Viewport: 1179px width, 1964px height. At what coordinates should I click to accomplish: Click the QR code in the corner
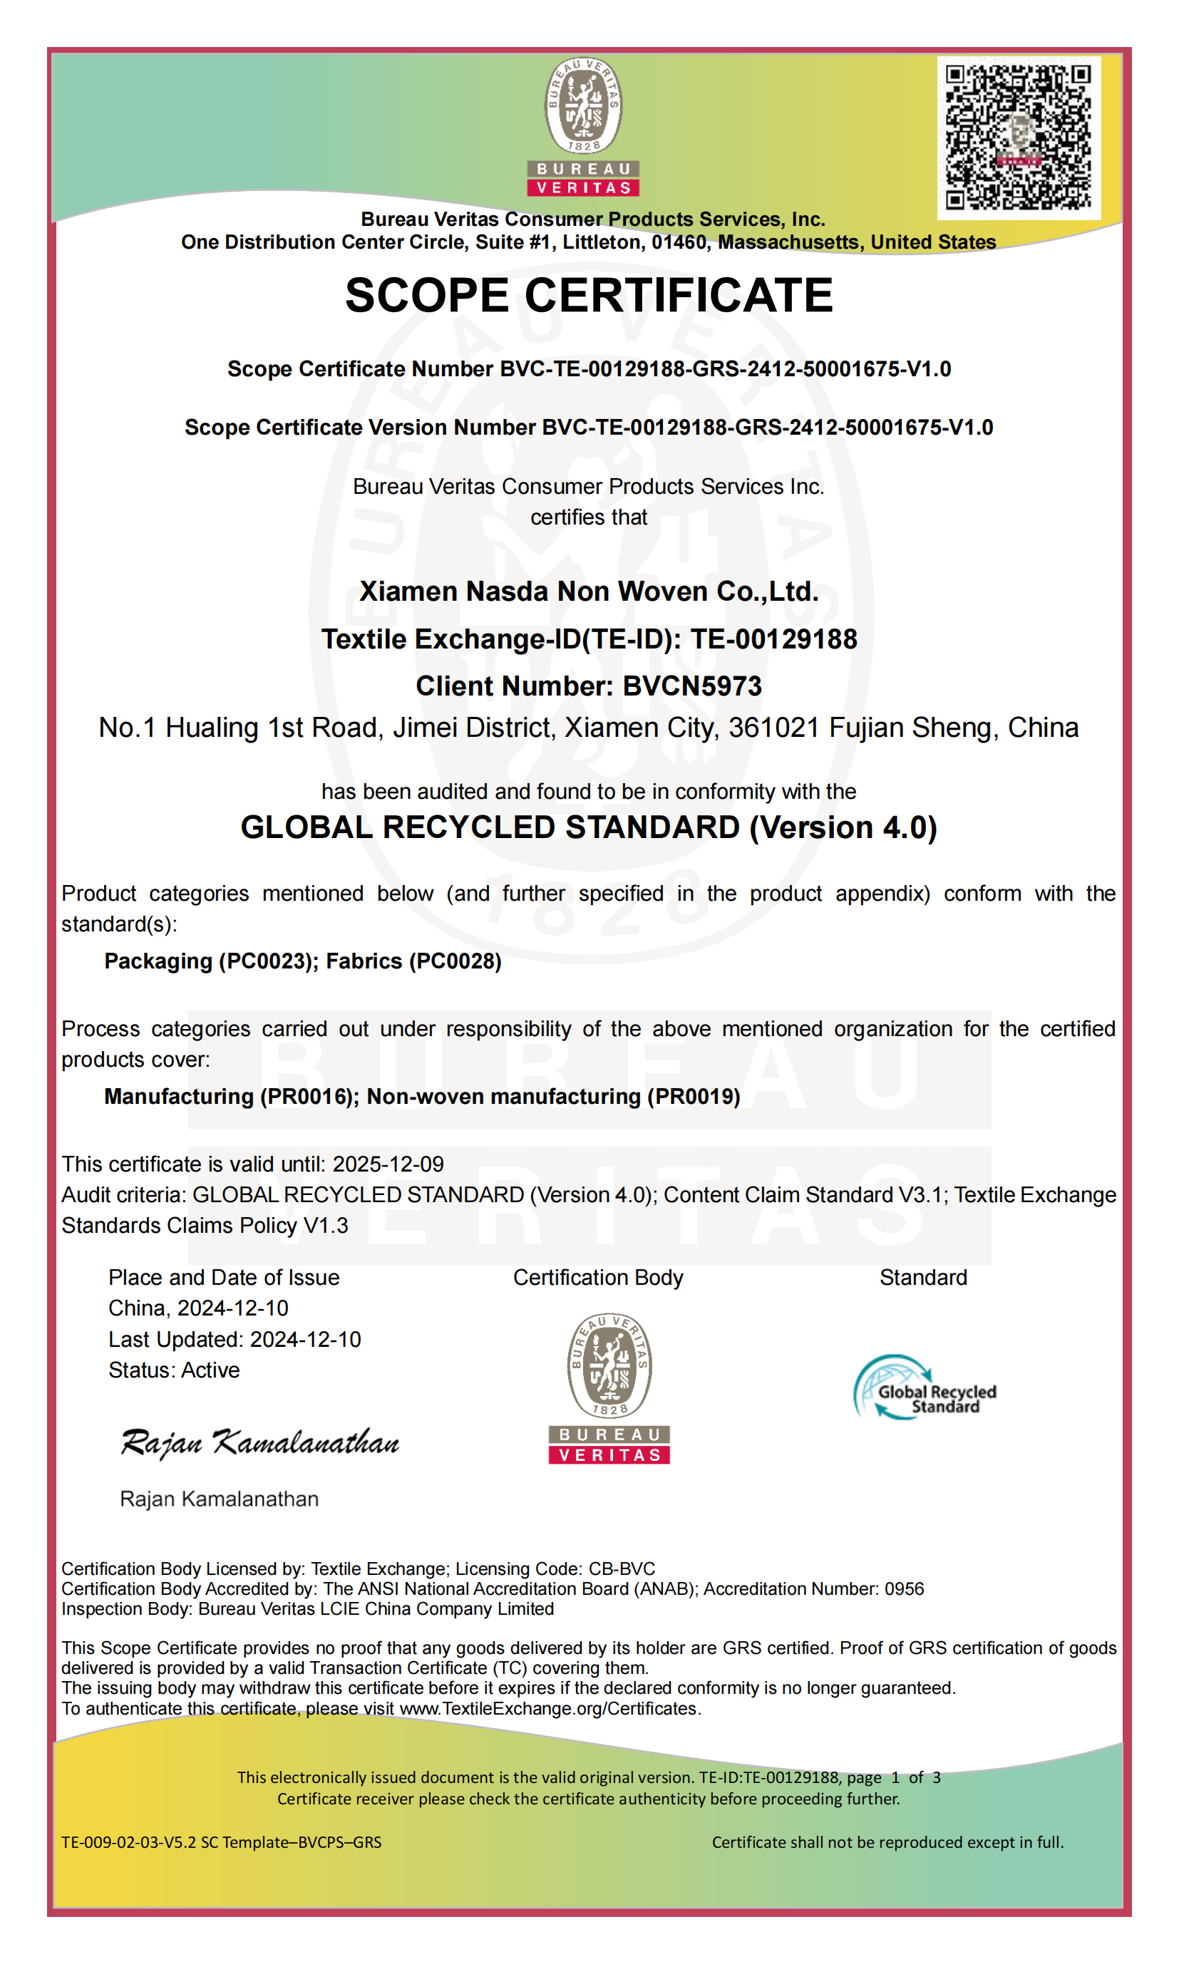click(1018, 138)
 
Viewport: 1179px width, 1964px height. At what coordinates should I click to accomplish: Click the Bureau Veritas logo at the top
click(583, 126)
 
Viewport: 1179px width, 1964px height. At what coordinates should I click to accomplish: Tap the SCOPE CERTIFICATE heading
click(589, 296)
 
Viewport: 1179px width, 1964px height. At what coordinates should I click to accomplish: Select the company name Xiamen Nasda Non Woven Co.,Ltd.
click(589, 591)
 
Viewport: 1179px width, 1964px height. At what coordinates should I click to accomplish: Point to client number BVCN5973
click(692, 686)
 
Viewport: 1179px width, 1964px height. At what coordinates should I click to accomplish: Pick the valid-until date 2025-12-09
click(388, 1164)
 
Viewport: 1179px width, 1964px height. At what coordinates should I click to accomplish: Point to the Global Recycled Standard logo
click(925, 1387)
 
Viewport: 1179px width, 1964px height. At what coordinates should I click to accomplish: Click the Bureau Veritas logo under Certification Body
click(609, 1387)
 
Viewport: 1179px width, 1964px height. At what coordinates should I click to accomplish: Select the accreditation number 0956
click(904, 1588)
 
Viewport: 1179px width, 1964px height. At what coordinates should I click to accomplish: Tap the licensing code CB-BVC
click(622, 1568)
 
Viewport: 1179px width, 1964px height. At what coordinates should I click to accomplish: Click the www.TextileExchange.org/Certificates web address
click(548, 1708)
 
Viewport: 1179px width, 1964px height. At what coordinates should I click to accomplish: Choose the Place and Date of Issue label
click(224, 1277)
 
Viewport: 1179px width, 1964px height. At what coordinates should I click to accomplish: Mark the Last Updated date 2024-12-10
click(306, 1339)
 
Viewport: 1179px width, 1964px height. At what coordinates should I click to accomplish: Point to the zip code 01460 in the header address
click(679, 242)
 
